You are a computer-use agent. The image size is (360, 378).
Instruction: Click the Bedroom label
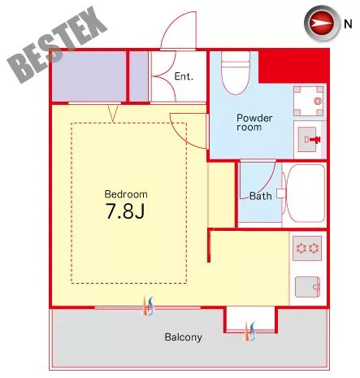126,194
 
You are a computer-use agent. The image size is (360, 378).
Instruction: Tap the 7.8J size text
125,211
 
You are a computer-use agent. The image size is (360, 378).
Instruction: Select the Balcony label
184,337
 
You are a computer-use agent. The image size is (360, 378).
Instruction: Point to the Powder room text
254,123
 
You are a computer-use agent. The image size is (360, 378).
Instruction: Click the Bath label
260,196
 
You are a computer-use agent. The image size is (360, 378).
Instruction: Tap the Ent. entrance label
184,76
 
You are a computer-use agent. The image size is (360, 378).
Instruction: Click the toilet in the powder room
236,72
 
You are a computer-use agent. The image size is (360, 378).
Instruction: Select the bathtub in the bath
306,193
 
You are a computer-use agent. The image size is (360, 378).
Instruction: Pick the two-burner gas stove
307,248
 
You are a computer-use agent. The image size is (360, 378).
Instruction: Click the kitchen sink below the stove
307,287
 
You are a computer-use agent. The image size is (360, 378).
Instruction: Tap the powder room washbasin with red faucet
309,140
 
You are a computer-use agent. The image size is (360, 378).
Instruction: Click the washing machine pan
309,101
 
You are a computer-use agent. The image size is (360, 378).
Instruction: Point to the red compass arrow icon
322,23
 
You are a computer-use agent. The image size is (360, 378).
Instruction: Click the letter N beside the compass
348,24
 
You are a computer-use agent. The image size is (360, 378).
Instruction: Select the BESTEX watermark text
57,45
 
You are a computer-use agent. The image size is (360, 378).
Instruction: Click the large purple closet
89,76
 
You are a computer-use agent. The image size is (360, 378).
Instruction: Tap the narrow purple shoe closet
139,76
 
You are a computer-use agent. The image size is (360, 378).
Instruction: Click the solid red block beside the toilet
293,67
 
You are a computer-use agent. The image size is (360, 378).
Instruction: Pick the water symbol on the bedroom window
149,306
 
